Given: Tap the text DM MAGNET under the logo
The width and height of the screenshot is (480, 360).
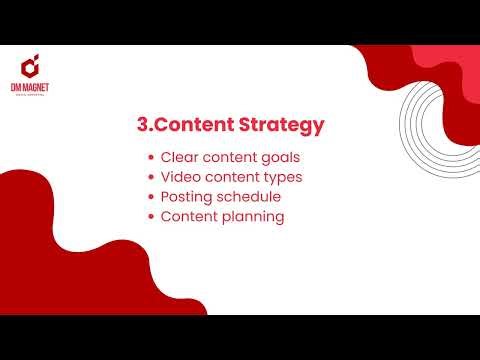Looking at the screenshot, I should (33, 90).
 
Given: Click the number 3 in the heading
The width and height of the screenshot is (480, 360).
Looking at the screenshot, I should (141, 126).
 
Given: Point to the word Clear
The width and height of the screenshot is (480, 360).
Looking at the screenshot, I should (180, 157).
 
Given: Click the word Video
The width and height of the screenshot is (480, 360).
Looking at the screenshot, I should (181, 177).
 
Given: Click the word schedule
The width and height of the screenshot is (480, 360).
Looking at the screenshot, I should (251, 196).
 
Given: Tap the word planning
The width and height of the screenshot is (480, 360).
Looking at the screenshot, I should (255, 217).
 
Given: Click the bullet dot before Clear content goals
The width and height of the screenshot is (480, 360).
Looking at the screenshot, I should (150, 158).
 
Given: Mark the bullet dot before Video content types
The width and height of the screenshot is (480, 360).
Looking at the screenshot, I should (150, 178).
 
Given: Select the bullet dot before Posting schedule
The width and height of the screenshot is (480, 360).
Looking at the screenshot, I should (150, 197).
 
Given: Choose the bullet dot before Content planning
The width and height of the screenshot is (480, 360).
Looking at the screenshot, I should (150, 217).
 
